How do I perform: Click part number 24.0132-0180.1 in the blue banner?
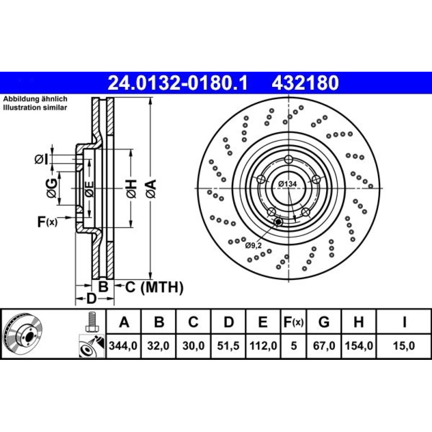[x=178, y=83]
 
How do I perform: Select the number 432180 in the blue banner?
[x=305, y=83]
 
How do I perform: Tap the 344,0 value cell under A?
[x=123, y=346]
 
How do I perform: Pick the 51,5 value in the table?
[x=228, y=346]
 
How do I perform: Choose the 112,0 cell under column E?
[x=263, y=346]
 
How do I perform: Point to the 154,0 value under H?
[x=359, y=346]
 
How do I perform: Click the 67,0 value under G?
[x=324, y=346]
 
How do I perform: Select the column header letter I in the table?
[x=404, y=321]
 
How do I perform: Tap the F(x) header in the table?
[x=293, y=321]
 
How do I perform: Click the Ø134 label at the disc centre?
[x=288, y=184]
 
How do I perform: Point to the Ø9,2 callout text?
[x=253, y=245]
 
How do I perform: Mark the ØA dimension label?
[x=151, y=189]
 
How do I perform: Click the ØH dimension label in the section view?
[x=132, y=189]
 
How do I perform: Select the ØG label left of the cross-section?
[x=52, y=188]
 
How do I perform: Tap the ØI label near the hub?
[x=41, y=159]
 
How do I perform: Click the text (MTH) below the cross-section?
[x=162, y=287]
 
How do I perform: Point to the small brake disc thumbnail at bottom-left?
[x=24, y=334]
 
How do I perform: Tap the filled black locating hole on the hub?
[x=278, y=222]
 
